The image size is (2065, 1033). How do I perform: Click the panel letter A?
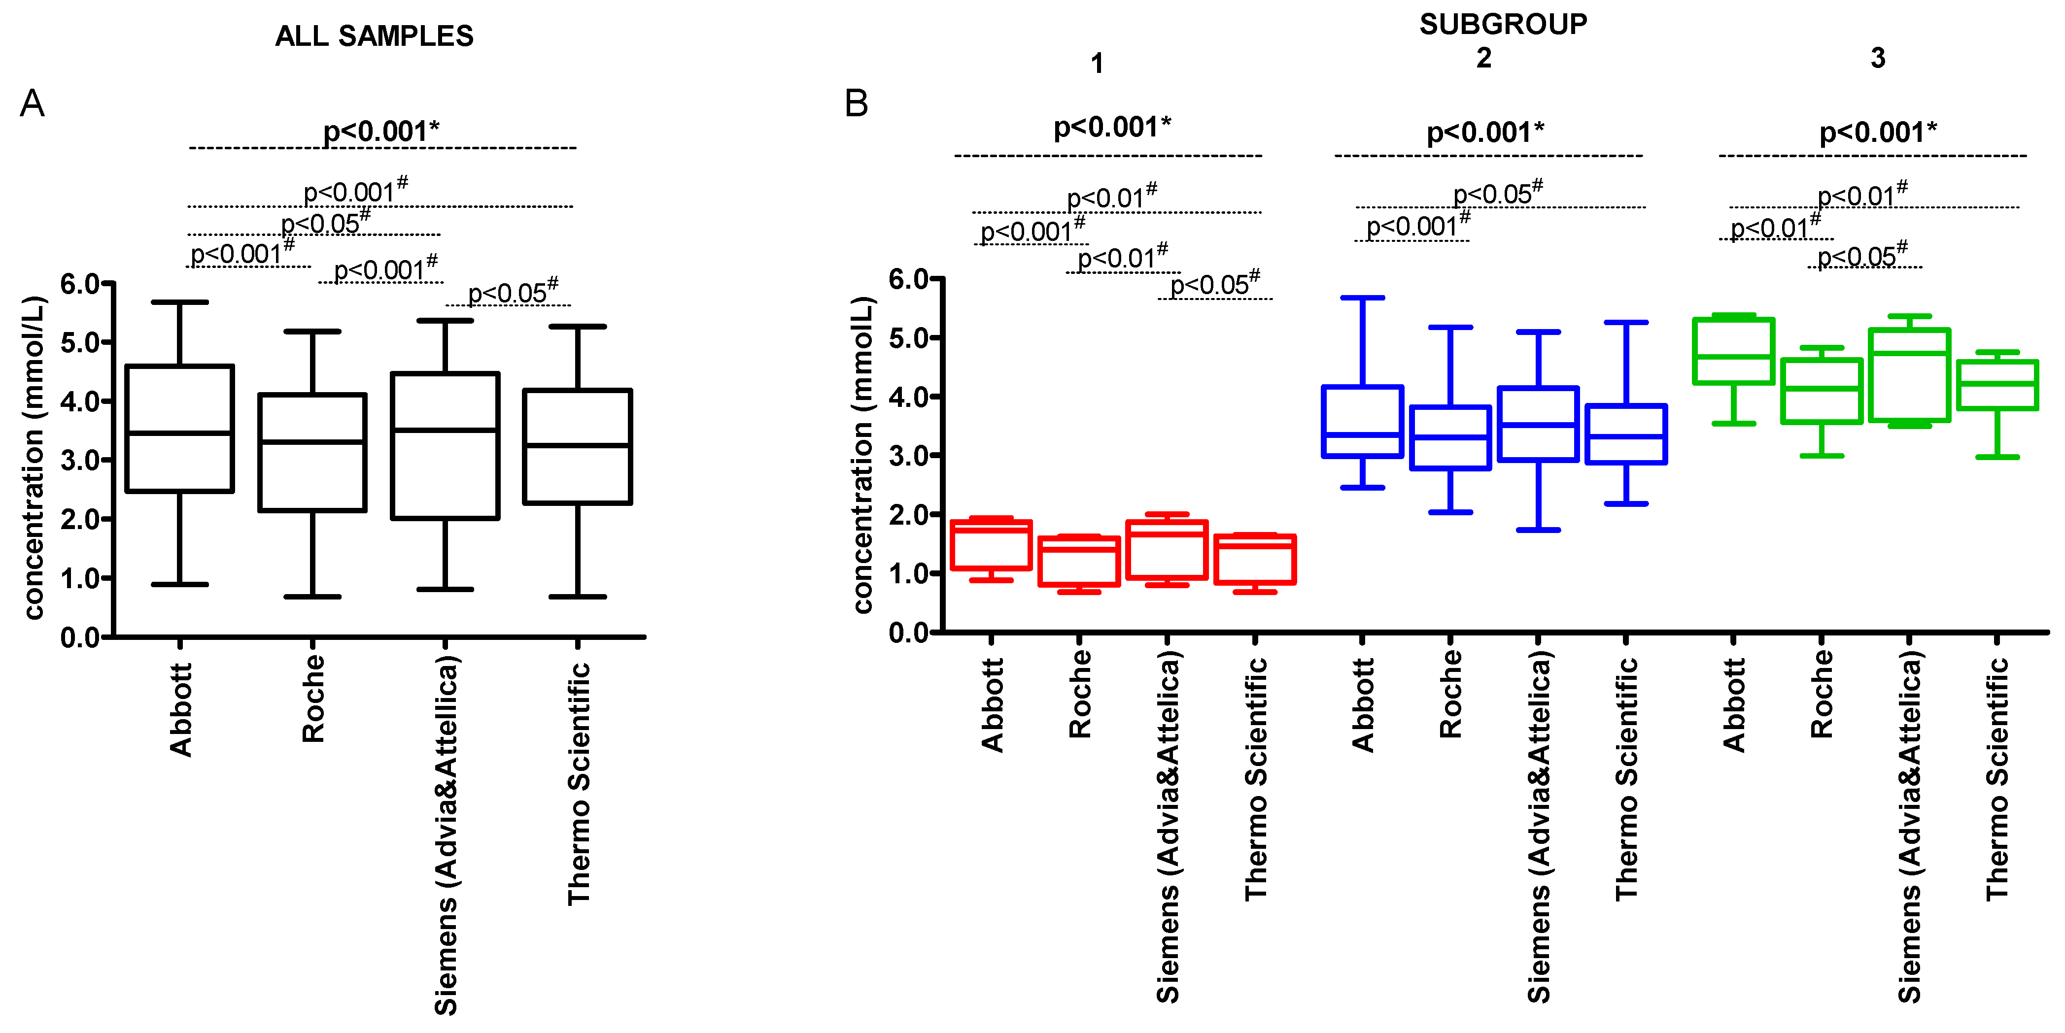point(32,103)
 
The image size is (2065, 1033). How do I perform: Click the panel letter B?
point(856,103)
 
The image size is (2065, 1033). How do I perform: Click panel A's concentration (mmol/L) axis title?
point(33,457)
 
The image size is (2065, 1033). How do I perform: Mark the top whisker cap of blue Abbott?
point(1362,298)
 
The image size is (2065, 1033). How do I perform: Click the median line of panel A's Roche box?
point(312,441)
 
